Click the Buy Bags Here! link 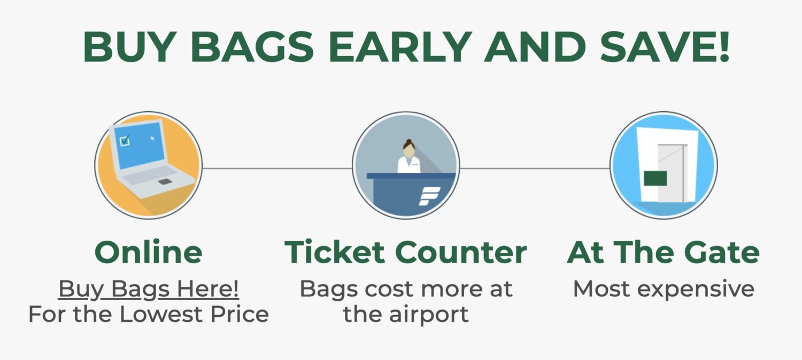[x=149, y=289]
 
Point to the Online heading [x=149, y=252]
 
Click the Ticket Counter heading [x=405, y=252]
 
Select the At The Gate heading [x=663, y=252]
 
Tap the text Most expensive [x=664, y=289]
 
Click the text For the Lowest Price [x=149, y=314]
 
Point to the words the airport [x=405, y=314]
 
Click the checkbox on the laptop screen [x=125, y=141]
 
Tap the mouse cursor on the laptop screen [x=152, y=139]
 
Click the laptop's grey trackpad [x=165, y=182]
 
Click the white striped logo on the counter [x=429, y=196]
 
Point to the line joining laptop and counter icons [x=277, y=168]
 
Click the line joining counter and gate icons [x=535, y=168]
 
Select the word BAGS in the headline [x=252, y=47]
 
